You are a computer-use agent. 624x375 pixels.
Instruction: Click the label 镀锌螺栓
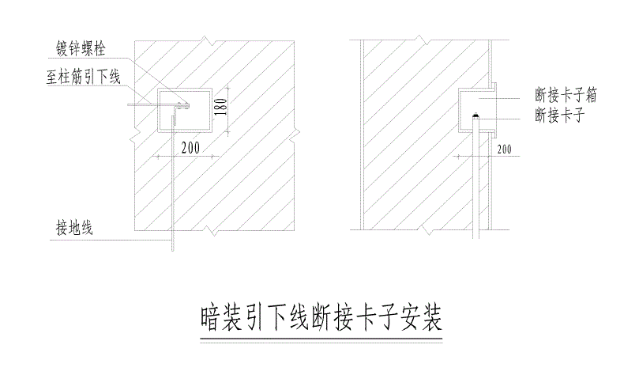(x=81, y=49)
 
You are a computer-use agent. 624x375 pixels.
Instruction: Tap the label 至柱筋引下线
(x=84, y=77)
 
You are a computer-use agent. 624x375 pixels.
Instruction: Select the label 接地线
(x=74, y=229)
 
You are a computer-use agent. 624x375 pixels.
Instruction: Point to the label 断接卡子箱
(x=566, y=95)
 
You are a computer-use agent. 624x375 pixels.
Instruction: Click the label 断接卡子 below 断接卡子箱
(x=560, y=116)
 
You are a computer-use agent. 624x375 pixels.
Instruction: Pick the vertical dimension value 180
(x=222, y=107)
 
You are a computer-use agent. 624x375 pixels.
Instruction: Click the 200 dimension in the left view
(x=190, y=148)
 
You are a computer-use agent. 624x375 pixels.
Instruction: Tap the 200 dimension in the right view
(x=504, y=150)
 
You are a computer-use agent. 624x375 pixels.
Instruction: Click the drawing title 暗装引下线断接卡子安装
(x=321, y=318)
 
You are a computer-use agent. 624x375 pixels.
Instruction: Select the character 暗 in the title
(x=210, y=318)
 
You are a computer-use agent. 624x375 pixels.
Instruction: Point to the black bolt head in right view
(x=476, y=116)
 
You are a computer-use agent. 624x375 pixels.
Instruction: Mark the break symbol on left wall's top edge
(x=206, y=40)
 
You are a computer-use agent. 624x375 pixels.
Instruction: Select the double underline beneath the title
(x=321, y=341)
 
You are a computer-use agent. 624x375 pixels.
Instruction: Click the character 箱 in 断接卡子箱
(x=591, y=95)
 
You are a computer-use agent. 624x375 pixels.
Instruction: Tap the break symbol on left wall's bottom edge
(x=212, y=231)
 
